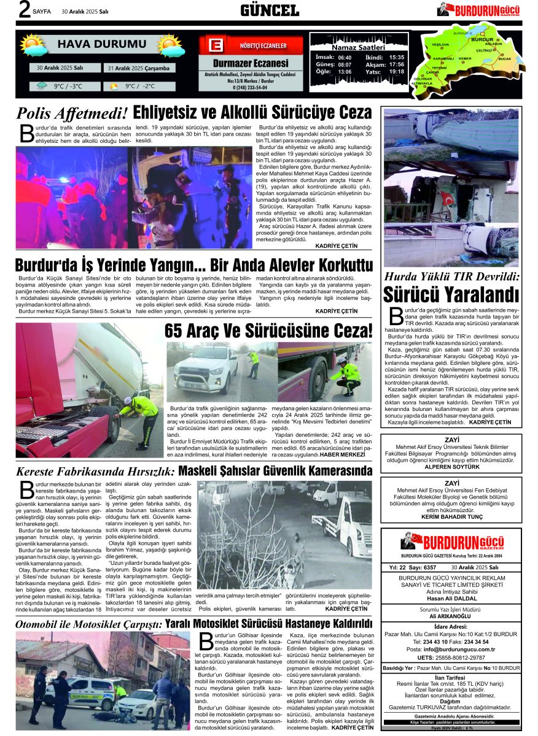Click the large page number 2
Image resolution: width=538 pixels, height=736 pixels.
tap(24, 10)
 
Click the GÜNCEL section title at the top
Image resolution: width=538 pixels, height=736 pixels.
tap(270, 10)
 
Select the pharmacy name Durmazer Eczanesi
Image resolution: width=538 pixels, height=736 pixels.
tap(250, 63)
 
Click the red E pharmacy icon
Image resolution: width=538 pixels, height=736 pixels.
tap(215, 46)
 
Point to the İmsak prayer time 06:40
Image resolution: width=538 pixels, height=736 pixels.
tap(345, 57)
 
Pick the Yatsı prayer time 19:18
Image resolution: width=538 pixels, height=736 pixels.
tap(397, 72)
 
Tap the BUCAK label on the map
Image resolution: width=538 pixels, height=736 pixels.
tap(504, 58)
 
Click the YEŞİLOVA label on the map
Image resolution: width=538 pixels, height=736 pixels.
tap(440, 45)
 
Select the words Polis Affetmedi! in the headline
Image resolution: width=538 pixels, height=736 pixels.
tap(72, 113)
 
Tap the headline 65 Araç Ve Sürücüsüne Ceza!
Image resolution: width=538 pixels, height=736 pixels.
tap(268, 331)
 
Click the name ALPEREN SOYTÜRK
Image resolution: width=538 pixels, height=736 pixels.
tap(451, 467)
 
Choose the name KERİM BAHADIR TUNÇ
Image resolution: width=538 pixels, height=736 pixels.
tap(451, 517)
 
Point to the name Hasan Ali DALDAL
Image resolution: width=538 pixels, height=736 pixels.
tap(451, 599)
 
